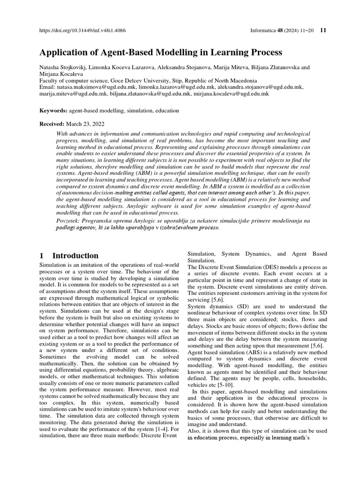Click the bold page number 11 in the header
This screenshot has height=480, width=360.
coord(323,30)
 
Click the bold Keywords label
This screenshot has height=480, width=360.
coord(52,111)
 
